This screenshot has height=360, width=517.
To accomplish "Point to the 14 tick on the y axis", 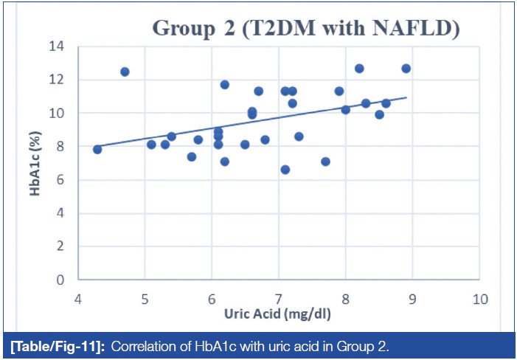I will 55,46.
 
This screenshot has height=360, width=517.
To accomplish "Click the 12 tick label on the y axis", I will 55,80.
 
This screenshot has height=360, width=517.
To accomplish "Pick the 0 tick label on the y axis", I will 59,280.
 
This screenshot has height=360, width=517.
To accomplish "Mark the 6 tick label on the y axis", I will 59,180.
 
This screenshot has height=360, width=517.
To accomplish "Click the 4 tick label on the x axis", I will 77,299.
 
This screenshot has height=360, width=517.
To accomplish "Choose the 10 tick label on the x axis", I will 480,299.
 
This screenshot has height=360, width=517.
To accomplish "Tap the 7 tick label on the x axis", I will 279,299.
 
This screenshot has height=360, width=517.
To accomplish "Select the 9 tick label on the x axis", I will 412,299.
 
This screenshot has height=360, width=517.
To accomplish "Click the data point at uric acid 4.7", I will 125,72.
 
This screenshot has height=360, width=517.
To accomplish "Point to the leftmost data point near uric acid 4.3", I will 97,149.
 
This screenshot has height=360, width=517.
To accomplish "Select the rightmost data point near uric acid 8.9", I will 406,69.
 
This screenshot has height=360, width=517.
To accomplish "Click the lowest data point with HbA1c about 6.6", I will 285,170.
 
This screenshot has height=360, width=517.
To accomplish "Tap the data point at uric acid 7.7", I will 325,162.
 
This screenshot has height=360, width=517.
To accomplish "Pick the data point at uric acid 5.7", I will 192,156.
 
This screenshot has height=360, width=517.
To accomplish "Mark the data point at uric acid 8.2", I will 359,69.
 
